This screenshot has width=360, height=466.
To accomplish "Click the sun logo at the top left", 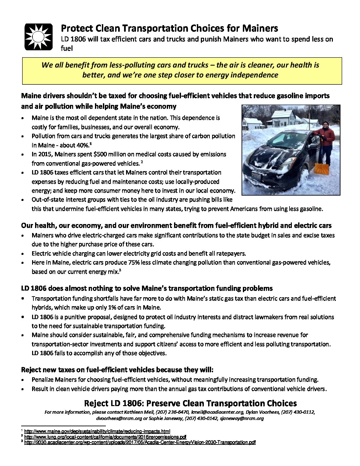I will [x=39, y=37].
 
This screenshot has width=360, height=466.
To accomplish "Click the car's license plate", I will [x=256, y=175].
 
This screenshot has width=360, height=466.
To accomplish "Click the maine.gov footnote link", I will [x=97, y=431].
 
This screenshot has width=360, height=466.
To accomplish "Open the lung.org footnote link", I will [x=105, y=437].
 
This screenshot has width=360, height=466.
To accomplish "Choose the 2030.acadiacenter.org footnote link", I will [x=140, y=442].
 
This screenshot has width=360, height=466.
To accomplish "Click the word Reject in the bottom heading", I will [x=96, y=403].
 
